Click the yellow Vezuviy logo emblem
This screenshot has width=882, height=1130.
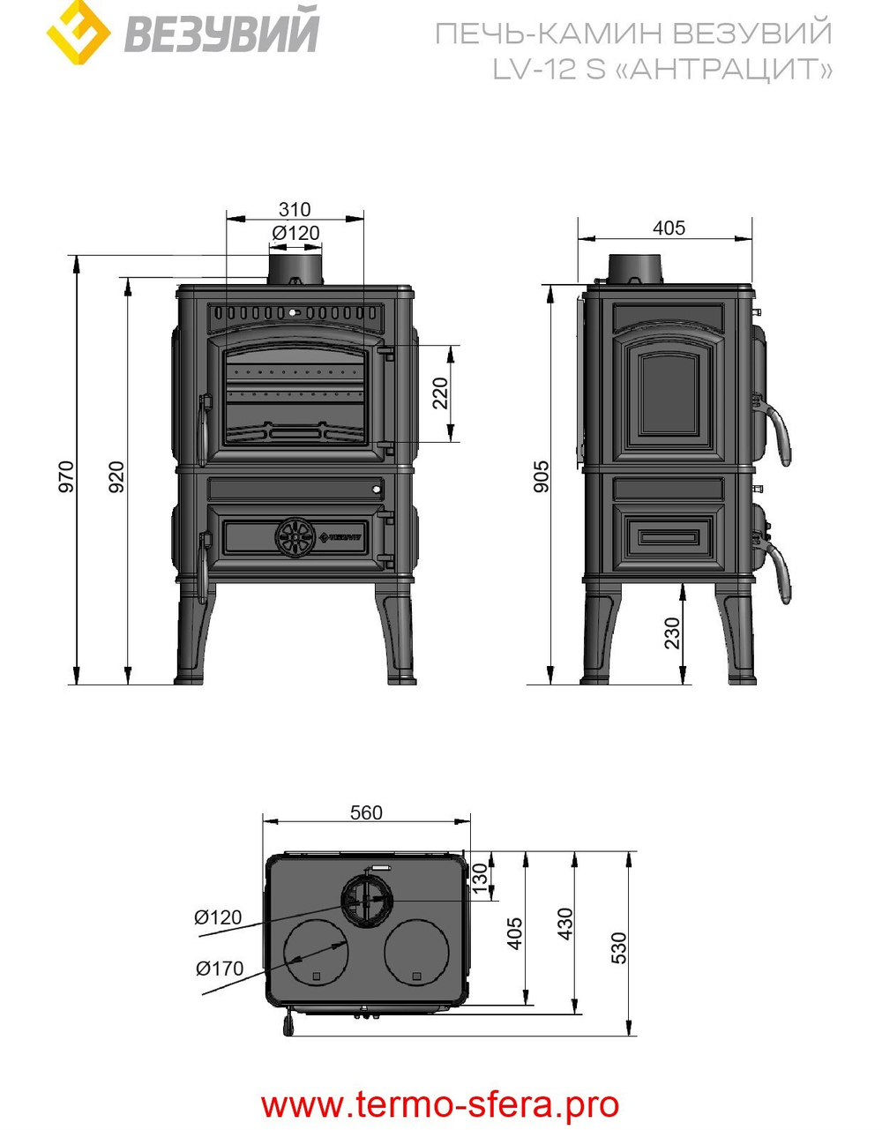click(x=78, y=33)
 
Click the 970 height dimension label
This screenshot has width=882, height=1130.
click(x=67, y=475)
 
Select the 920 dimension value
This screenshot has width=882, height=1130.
click(x=116, y=475)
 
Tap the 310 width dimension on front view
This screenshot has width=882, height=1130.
click(x=295, y=209)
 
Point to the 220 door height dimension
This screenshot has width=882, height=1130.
click(x=440, y=393)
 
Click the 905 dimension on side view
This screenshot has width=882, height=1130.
click(x=542, y=476)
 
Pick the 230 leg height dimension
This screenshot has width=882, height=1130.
click(x=673, y=633)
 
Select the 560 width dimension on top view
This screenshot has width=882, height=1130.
click(x=366, y=812)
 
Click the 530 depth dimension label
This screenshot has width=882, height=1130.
click(x=619, y=947)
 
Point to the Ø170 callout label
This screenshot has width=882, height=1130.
click(x=220, y=969)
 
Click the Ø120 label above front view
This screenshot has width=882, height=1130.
click(x=295, y=233)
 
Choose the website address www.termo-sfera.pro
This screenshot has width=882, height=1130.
click(x=440, y=1104)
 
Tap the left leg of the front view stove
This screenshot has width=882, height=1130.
click(x=193, y=637)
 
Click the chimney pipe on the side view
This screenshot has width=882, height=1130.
click(x=634, y=267)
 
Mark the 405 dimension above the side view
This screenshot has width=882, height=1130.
click(x=669, y=228)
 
